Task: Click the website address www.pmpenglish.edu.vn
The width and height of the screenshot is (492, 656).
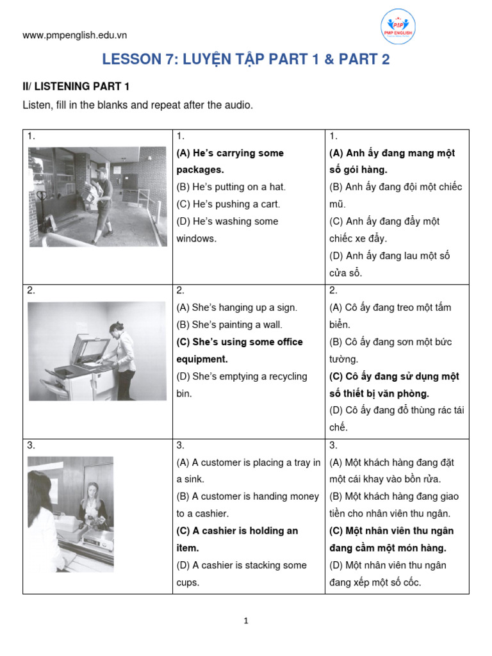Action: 74,35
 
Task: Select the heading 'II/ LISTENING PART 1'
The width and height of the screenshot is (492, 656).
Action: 76,86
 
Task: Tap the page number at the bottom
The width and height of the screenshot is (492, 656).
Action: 245,621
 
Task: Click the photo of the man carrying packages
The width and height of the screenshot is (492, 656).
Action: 97,196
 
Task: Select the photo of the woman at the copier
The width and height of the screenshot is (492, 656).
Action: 97,351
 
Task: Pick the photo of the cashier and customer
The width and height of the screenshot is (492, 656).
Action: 70,514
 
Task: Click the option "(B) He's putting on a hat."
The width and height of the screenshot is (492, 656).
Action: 231,187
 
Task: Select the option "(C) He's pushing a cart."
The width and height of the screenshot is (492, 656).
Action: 228,204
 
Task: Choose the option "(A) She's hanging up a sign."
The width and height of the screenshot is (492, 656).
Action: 237,307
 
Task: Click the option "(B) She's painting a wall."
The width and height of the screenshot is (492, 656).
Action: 229,325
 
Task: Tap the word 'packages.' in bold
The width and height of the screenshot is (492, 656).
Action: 200,170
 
